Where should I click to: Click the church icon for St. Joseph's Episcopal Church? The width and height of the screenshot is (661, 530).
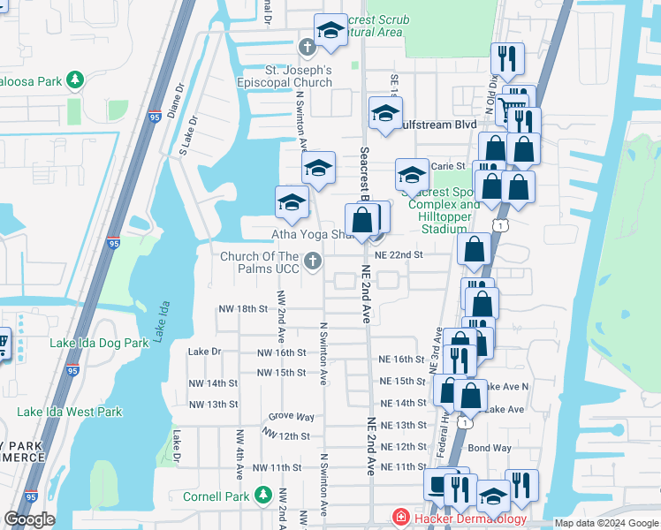[308, 47]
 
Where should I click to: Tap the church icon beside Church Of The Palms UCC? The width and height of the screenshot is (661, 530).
[312, 261]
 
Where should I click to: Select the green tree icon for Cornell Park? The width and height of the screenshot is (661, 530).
[262, 496]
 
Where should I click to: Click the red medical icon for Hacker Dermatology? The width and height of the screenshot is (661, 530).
[401, 519]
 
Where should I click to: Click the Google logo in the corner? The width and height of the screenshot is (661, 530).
[30, 519]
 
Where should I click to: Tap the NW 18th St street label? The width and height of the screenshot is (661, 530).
[243, 308]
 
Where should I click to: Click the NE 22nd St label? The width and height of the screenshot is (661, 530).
[399, 254]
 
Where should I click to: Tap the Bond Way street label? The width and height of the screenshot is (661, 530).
[490, 448]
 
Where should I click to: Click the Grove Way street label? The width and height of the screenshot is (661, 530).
[292, 416]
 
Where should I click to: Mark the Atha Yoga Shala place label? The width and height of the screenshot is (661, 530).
[311, 234]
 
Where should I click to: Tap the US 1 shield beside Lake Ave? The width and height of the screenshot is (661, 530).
[465, 423]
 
